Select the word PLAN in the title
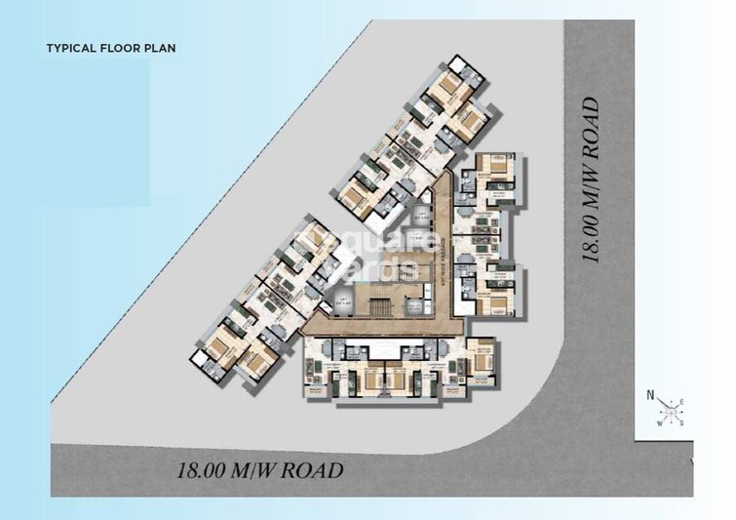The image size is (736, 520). (x=161, y=47)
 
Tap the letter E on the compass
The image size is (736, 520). (x=681, y=401)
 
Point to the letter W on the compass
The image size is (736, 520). (x=660, y=422)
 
